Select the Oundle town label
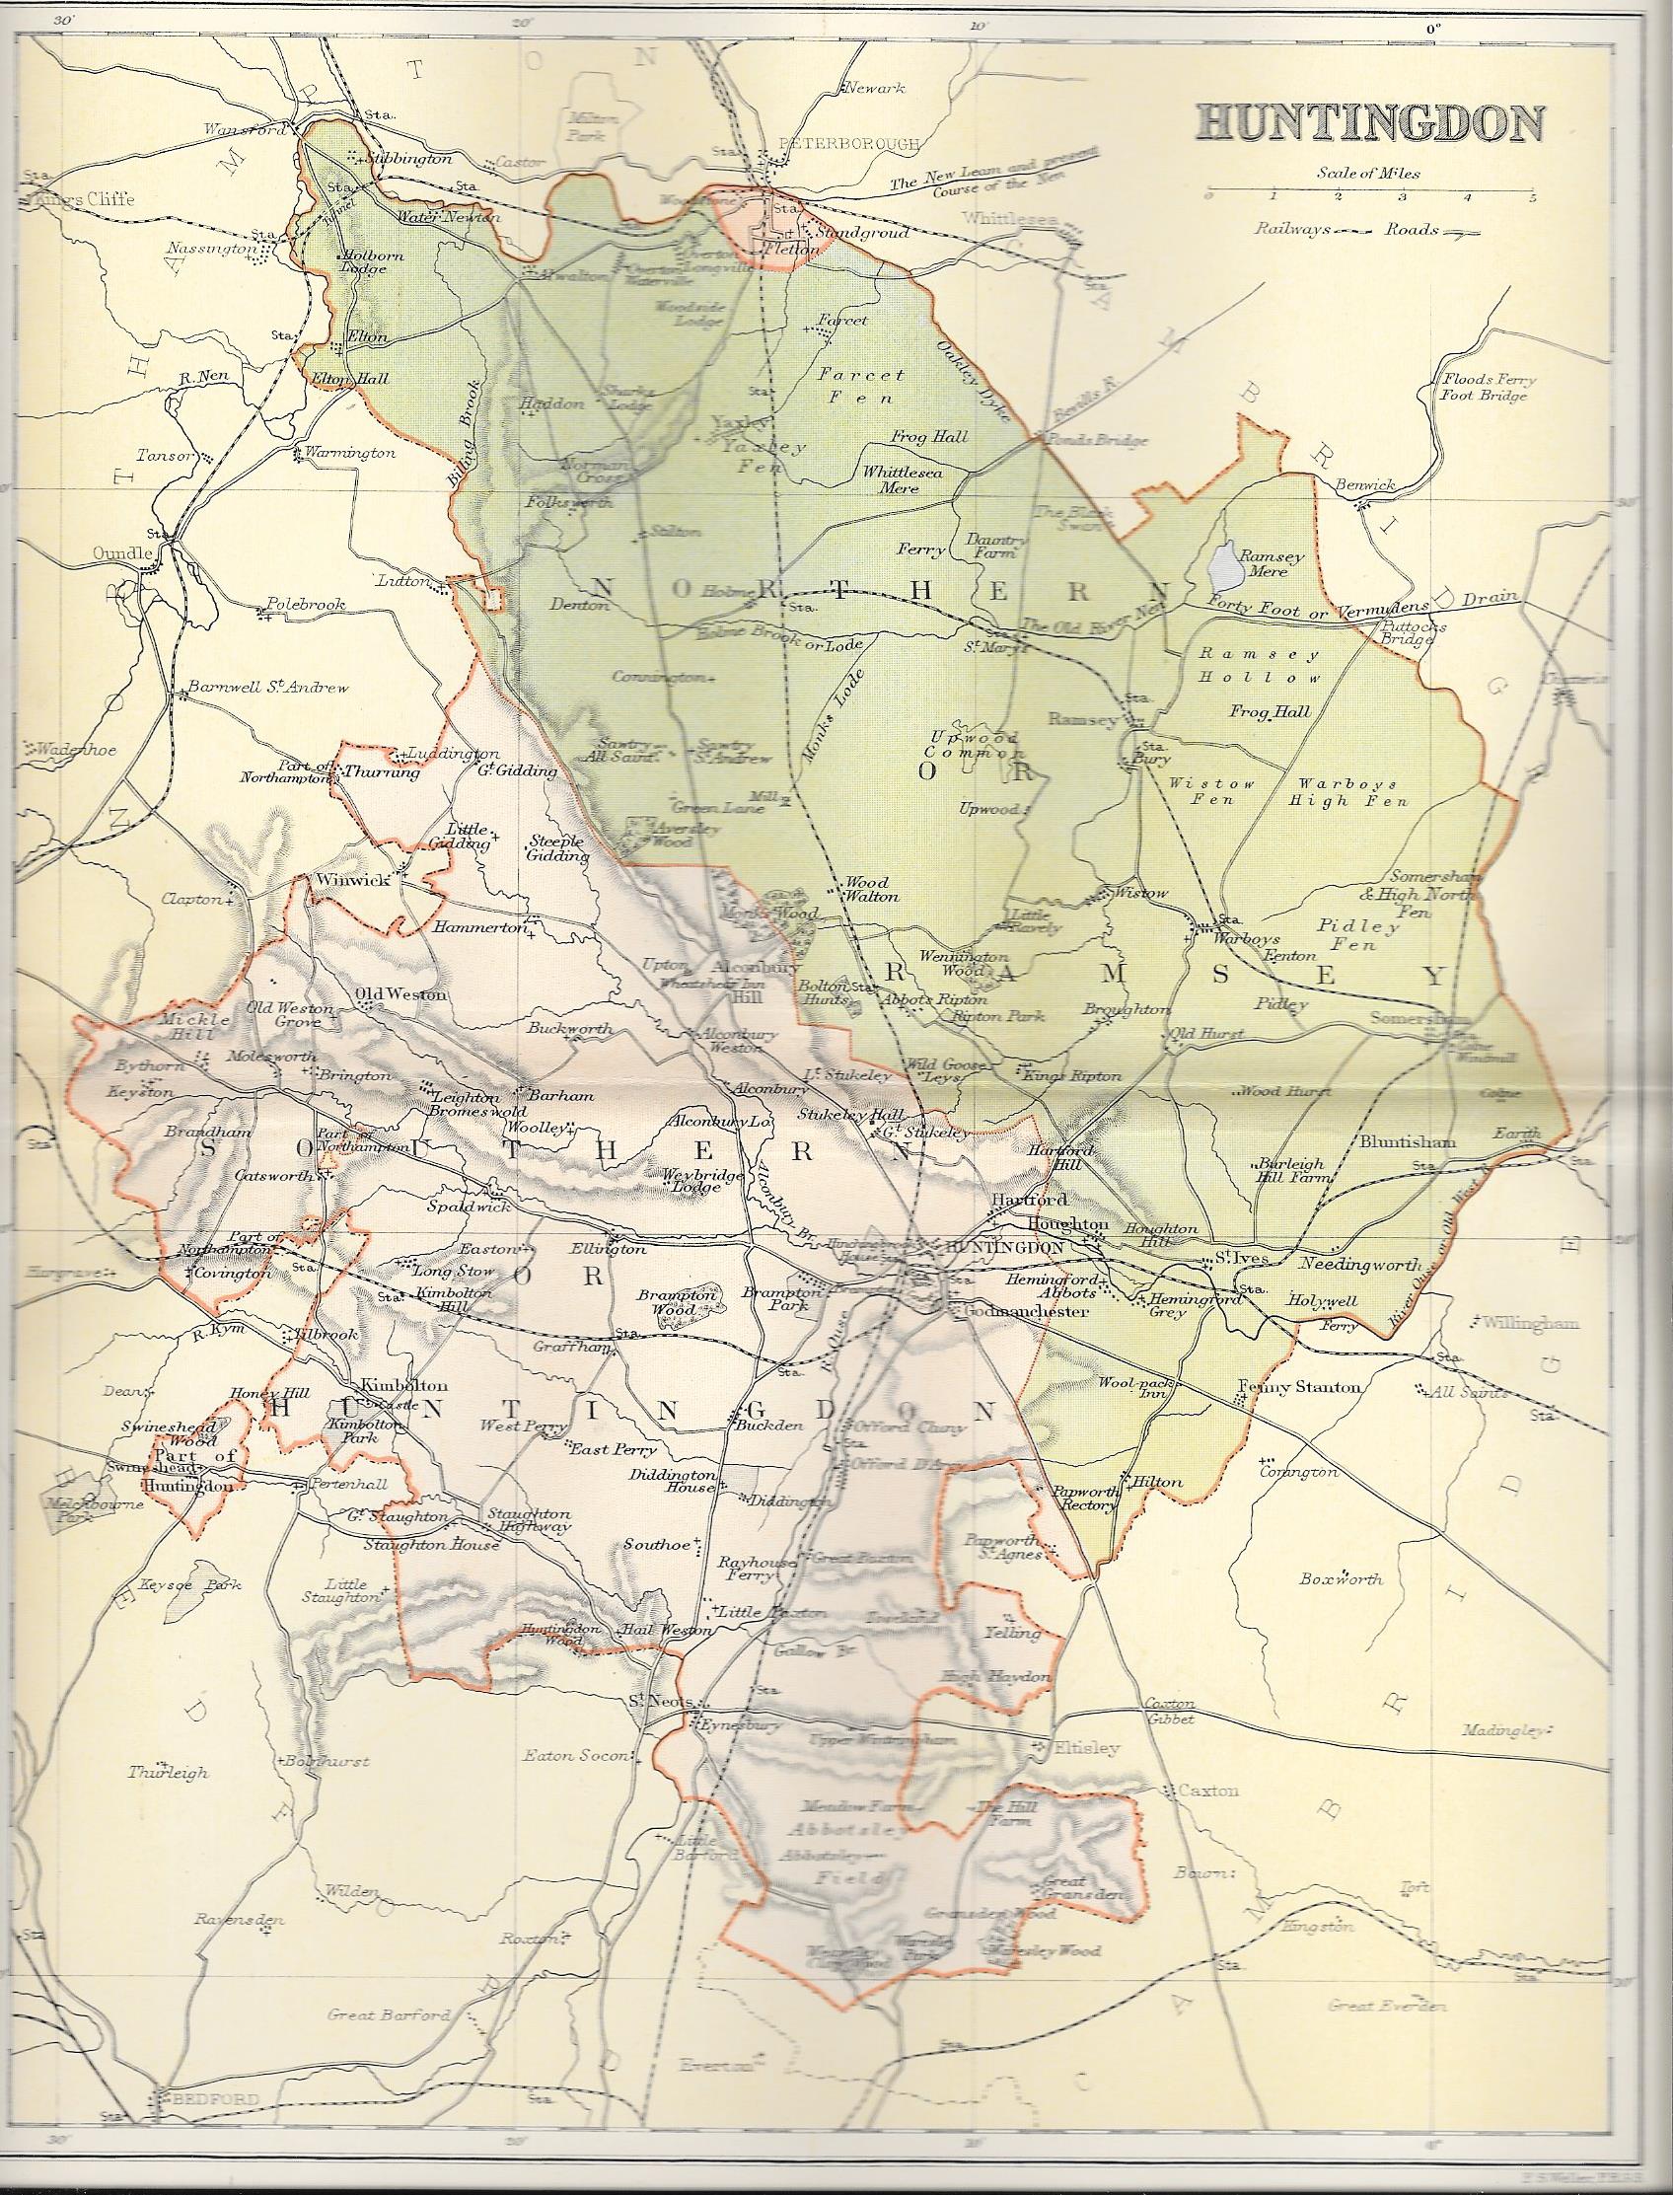pos(121,553)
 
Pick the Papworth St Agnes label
pos(1002,1546)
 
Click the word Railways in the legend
pos(1291,229)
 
